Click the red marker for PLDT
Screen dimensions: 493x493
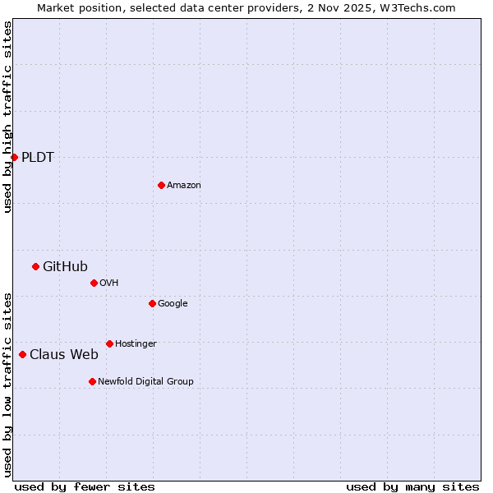(x=14, y=157)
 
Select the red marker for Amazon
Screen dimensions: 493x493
(x=161, y=185)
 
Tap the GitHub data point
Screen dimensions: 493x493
(x=35, y=266)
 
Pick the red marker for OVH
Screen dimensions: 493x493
(x=94, y=283)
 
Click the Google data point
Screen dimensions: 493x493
(x=152, y=303)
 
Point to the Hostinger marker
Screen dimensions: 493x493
(x=109, y=343)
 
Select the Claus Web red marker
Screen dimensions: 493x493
(x=22, y=354)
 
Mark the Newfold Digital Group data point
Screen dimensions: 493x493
(x=92, y=381)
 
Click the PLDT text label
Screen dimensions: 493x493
(x=38, y=158)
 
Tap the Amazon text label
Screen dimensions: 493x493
(x=184, y=186)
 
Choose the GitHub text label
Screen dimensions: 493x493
(x=65, y=266)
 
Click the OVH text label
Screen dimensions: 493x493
(x=109, y=283)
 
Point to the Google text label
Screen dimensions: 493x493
(x=173, y=304)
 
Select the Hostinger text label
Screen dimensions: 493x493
(x=136, y=344)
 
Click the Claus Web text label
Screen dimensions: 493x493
(x=64, y=355)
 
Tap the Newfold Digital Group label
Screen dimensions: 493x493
(x=145, y=382)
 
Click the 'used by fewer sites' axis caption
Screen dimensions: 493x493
(x=85, y=486)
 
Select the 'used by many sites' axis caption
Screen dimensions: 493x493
(x=412, y=486)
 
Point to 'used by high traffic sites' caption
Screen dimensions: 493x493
(x=7, y=117)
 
